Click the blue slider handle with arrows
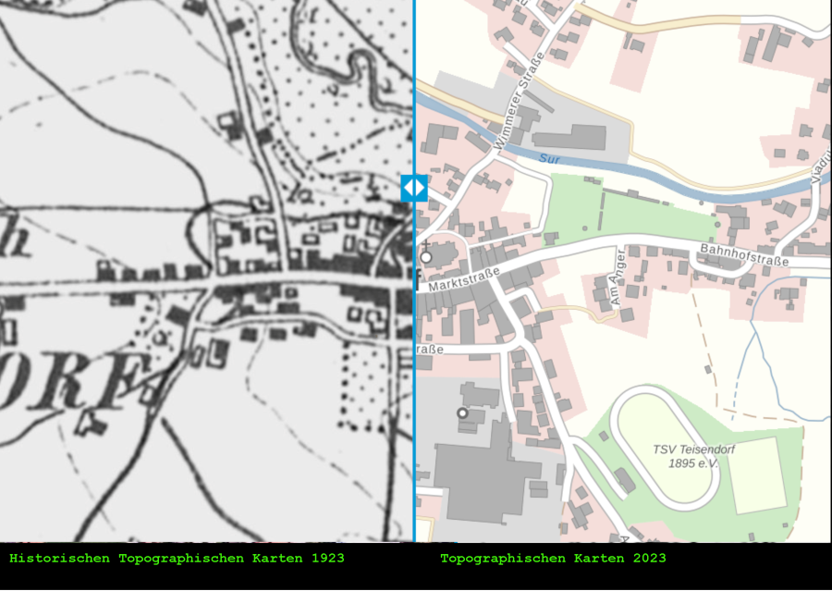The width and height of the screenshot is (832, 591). click(x=414, y=188)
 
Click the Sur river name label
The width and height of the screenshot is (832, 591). click(x=551, y=160)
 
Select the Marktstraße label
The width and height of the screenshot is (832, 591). click(x=464, y=280)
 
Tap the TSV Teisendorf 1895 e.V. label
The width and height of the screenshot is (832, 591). click(x=685, y=456)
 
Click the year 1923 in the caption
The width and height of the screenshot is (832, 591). click(x=327, y=559)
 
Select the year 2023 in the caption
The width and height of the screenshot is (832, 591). click(x=649, y=559)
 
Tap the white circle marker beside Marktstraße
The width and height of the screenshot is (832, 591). click(x=426, y=257)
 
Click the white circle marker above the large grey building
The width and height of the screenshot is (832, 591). click(x=462, y=412)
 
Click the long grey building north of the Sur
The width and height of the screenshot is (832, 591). click(x=569, y=137)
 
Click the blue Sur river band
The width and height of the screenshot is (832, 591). click(x=647, y=176)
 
